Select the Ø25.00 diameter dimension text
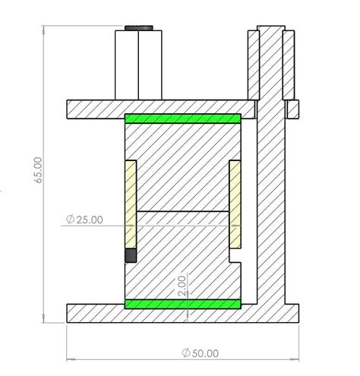point(84,220)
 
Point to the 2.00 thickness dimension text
point(182,286)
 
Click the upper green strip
point(182,119)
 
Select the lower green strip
point(182,305)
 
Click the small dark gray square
point(131,256)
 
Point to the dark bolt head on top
point(141,28)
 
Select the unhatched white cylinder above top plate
point(141,65)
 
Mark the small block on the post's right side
point(292,109)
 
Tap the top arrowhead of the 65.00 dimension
point(41,29)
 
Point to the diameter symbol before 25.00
point(70,220)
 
